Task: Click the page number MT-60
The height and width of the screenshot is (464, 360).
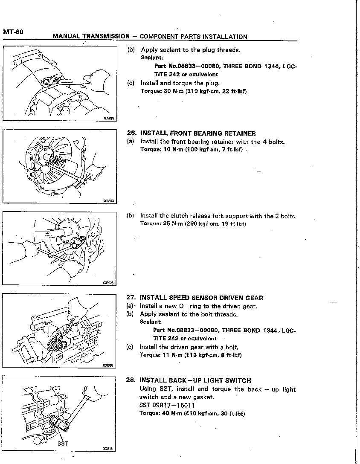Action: [13, 32]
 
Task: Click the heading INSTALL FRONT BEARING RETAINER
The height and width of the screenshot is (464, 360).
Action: [198, 133]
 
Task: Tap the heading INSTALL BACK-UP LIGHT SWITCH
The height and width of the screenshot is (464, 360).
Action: [195, 380]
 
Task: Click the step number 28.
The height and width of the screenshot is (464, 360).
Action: [131, 380]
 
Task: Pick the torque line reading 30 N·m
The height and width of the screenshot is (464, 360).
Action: [194, 91]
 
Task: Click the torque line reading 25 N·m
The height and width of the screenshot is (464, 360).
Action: [193, 223]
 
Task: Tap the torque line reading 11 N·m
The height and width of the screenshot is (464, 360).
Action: [191, 355]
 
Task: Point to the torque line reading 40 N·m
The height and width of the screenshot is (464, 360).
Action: [192, 413]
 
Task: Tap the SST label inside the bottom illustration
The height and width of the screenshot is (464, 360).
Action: [62, 444]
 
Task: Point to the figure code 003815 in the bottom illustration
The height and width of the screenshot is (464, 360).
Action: [108, 449]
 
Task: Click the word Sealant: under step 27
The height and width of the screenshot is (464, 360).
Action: [151, 322]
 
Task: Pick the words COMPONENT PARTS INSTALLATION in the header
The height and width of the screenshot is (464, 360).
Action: [193, 37]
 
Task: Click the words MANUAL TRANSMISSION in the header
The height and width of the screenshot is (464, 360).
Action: [91, 36]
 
